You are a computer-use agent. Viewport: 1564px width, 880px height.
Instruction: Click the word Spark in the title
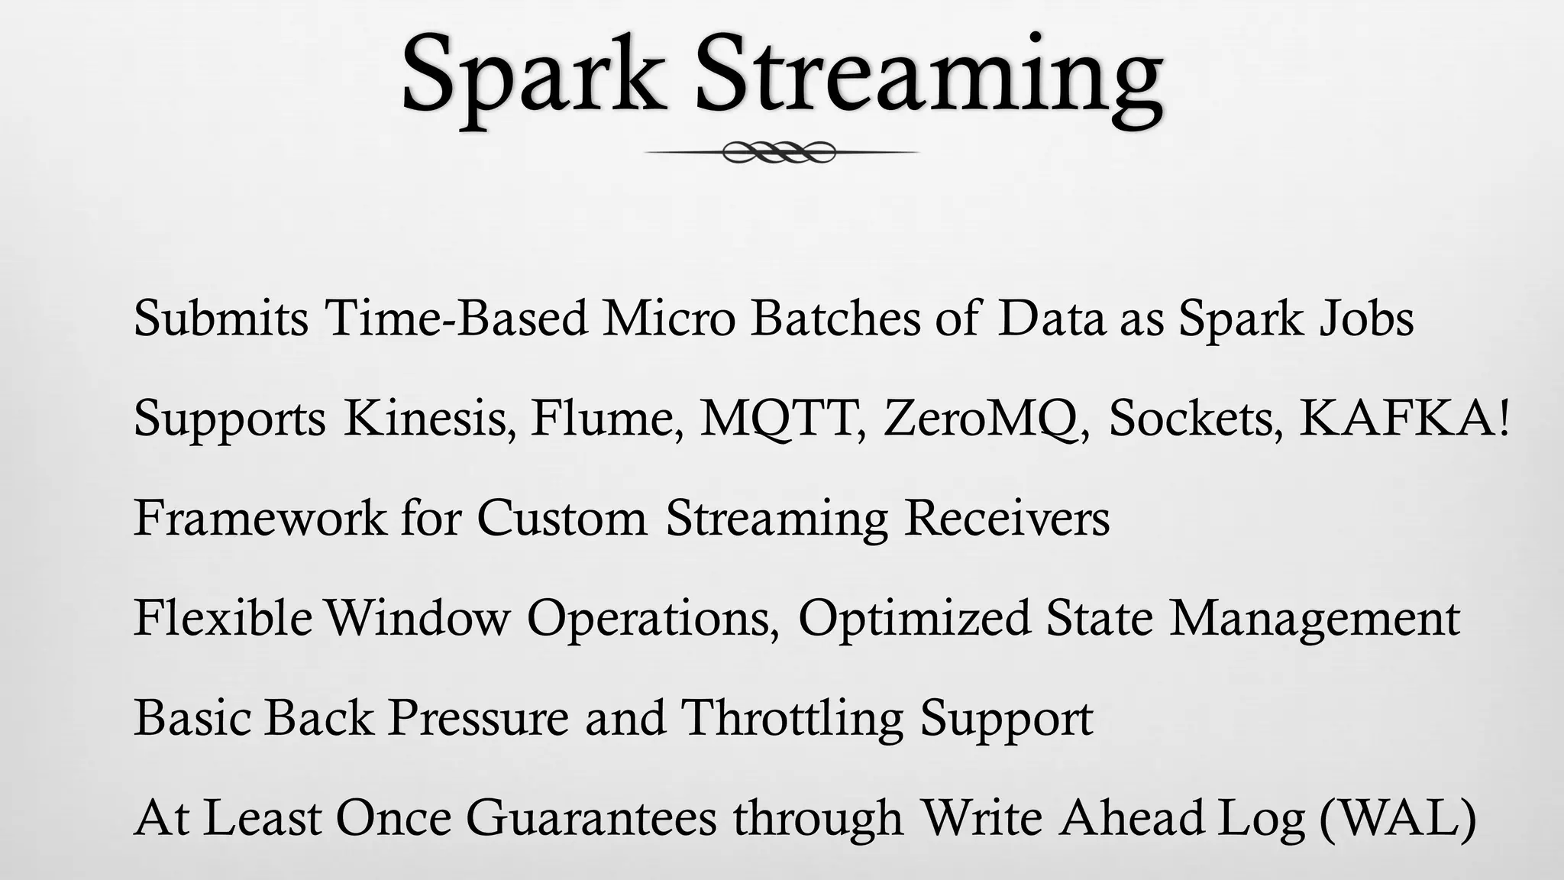(x=532, y=76)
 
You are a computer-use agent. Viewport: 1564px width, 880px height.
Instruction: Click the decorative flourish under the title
(x=780, y=152)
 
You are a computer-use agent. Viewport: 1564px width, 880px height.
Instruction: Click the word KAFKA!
(x=1404, y=418)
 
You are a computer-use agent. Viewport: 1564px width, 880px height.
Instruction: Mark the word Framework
(x=260, y=518)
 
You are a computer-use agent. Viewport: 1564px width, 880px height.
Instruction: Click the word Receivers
(x=1007, y=518)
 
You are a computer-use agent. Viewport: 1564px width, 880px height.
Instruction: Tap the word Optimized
(x=914, y=617)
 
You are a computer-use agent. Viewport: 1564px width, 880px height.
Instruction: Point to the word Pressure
(x=478, y=717)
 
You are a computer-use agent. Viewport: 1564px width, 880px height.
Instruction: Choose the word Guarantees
(x=591, y=817)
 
